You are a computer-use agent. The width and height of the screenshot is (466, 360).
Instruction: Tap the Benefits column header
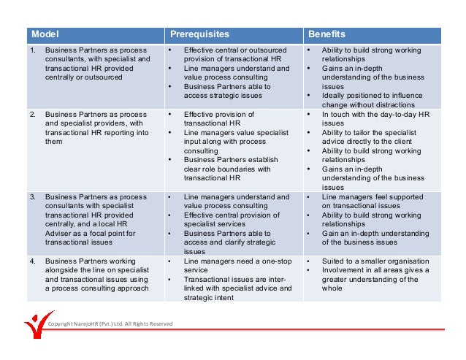pyautogui.click(x=326, y=34)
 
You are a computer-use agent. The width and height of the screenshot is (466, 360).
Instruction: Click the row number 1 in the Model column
pyautogui.click(x=32, y=50)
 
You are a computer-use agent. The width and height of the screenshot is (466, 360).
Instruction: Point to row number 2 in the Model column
pyautogui.click(x=32, y=115)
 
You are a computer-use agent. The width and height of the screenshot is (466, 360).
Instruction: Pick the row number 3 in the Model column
pyautogui.click(x=32, y=197)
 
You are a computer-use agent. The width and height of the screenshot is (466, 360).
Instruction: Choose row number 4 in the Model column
pyautogui.click(x=32, y=261)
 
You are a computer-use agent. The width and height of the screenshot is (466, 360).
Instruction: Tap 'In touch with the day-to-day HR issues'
pyautogui.click(x=377, y=119)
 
